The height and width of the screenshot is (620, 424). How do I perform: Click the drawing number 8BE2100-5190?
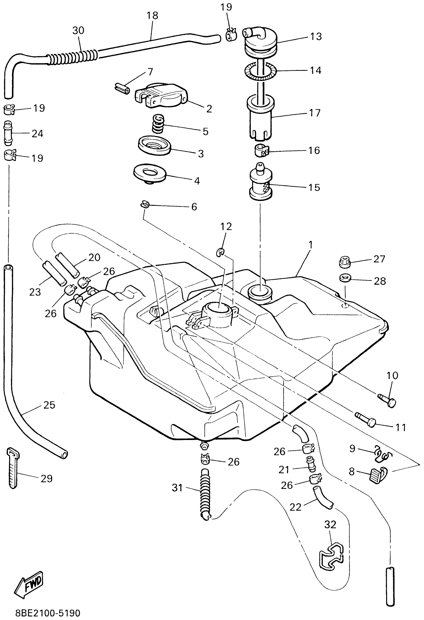pyautogui.click(x=48, y=613)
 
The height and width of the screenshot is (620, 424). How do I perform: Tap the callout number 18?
pyautogui.click(x=152, y=16)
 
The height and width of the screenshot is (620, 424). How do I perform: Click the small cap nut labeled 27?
pyautogui.click(x=344, y=263)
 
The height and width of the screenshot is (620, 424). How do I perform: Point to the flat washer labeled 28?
pyautogui.click(x=345, y=278)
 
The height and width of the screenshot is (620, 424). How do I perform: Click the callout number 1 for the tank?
pyautogui.click(x=310, y=244)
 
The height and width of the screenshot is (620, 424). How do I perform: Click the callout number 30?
pyautogui.click(x=78, y=31)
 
